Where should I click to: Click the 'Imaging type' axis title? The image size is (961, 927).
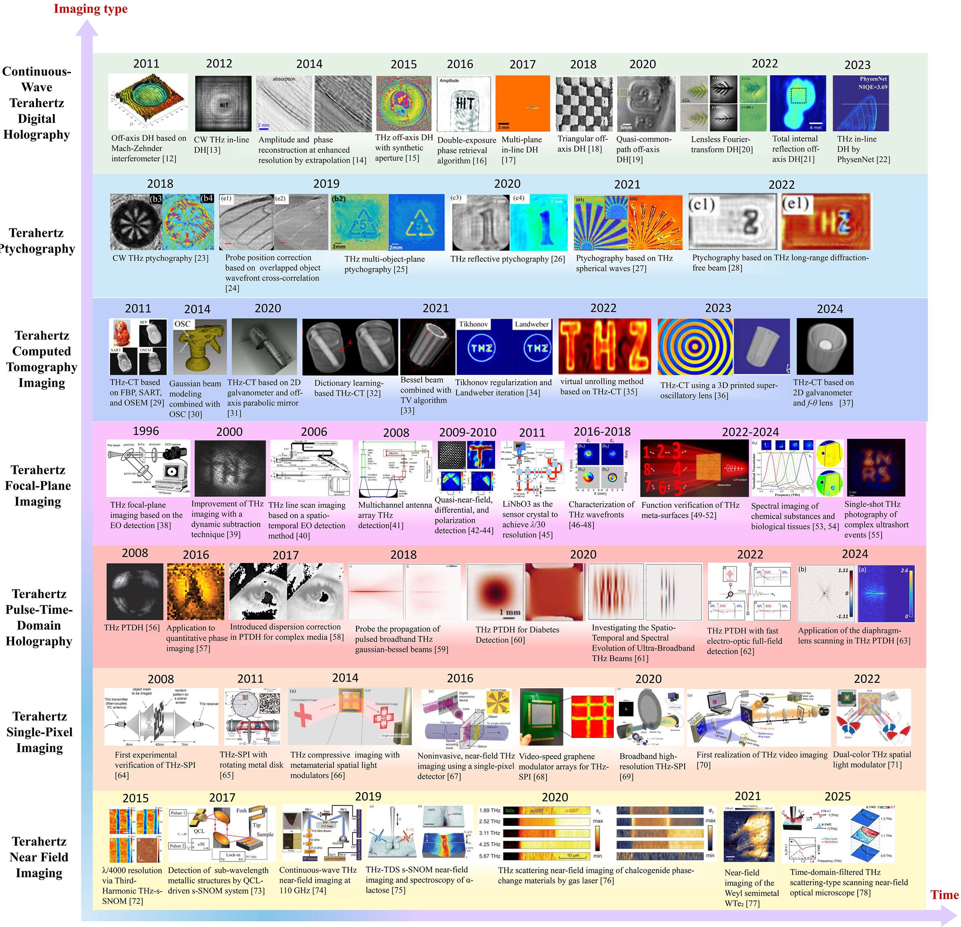(x=90, y=9)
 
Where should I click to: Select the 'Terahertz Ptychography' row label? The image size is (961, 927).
(x=37, y=241)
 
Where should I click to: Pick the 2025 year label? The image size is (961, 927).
(x=837, y=796)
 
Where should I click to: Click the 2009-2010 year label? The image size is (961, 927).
(x=467, y=432)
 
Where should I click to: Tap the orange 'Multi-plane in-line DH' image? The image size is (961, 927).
(x=522, y=103)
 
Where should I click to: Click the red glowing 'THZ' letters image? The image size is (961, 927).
(x=604, y=346)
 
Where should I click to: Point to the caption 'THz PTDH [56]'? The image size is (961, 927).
(x=131, y=627)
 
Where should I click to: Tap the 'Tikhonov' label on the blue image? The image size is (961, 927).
(x=473, y=324)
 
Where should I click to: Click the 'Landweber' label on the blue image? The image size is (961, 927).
(x=532, y=324)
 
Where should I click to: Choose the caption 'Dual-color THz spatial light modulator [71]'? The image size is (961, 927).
(x=872, y=759)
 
